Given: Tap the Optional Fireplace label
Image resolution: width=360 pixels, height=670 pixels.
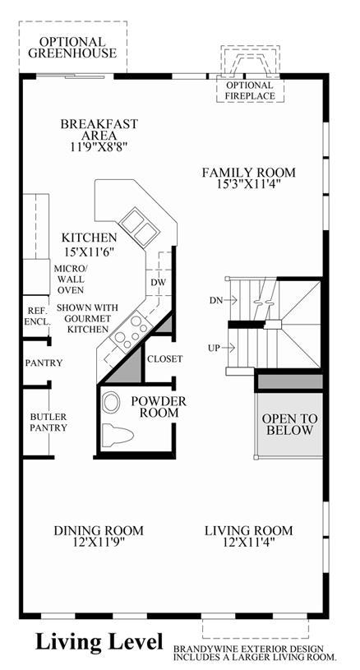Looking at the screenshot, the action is tap(250, 90).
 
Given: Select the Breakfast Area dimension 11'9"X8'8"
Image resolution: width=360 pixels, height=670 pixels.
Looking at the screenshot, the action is tap(99, 146).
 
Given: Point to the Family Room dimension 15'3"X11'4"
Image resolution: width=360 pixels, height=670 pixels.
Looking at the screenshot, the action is tap(249, 184).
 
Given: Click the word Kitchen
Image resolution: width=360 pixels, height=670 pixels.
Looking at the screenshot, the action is tap(89, 237).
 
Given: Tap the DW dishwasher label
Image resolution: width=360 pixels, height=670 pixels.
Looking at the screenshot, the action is tap(158, 283).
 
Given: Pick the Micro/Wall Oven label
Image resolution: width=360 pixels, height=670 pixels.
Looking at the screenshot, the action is tap(70, 280).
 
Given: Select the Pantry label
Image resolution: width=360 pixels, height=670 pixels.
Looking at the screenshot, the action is tap(44, 363).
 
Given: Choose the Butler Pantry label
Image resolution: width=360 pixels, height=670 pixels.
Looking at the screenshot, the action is tap(48, 422).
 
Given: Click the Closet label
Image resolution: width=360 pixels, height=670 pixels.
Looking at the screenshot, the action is tap(165, 359).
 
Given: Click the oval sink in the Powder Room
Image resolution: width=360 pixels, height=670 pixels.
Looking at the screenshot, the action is tap(112, 402).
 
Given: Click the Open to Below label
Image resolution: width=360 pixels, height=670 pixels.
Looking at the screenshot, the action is tap(289, 424).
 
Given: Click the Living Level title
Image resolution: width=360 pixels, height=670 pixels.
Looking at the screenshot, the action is tap(99, 642).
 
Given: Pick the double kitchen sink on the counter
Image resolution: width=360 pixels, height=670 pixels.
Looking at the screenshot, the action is tap(139, 227).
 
